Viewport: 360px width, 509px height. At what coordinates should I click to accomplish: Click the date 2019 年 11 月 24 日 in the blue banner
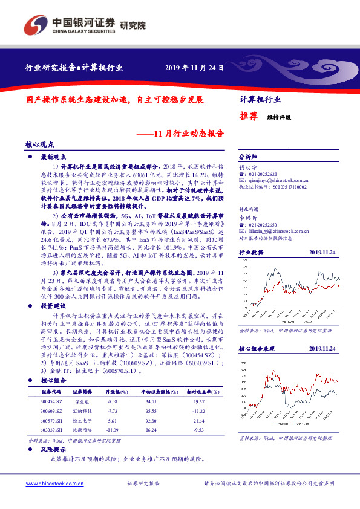click(x=191, y=66)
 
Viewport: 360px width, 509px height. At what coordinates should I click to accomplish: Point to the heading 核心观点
click(x=40, y=145)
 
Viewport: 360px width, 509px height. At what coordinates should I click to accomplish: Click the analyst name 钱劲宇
click(x=248, y=165)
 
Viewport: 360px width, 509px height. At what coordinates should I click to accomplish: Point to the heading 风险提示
click(x=53, y=450)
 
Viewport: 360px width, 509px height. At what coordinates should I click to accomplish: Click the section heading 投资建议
click(x=53, y=306)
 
